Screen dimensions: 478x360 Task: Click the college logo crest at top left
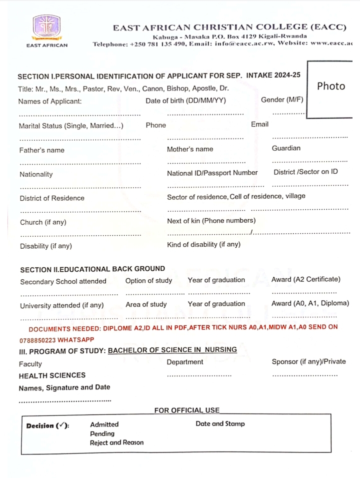point(46,28)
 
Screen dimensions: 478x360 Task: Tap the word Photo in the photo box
point(331,86)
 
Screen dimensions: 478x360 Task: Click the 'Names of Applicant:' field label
point(49,102)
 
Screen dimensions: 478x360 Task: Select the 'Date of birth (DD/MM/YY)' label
point(185,101)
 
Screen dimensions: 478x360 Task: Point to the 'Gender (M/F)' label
point(282,100)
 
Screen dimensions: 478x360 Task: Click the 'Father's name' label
point(42,150)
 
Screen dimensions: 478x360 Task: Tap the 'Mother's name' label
point(190,149)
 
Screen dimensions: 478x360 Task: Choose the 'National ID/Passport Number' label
point(212,173)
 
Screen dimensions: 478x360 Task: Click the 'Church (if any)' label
point(43,222)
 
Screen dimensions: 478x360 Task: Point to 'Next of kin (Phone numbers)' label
point(211,221)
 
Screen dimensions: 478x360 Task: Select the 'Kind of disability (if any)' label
point(203,245)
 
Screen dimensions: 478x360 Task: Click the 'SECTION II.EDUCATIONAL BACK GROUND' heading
point(92,269)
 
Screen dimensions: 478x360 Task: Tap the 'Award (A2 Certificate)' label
point(305,279)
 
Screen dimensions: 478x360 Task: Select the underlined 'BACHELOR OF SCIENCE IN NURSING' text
point(172,350)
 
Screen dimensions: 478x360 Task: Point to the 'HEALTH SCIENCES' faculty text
point(52,375)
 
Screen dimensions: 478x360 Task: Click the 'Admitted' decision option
point(104,424)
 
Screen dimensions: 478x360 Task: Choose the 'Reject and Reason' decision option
point(116,442)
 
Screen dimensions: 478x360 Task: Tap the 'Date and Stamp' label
point(220,424)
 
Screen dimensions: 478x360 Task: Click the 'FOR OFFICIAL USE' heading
point(186,410)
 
